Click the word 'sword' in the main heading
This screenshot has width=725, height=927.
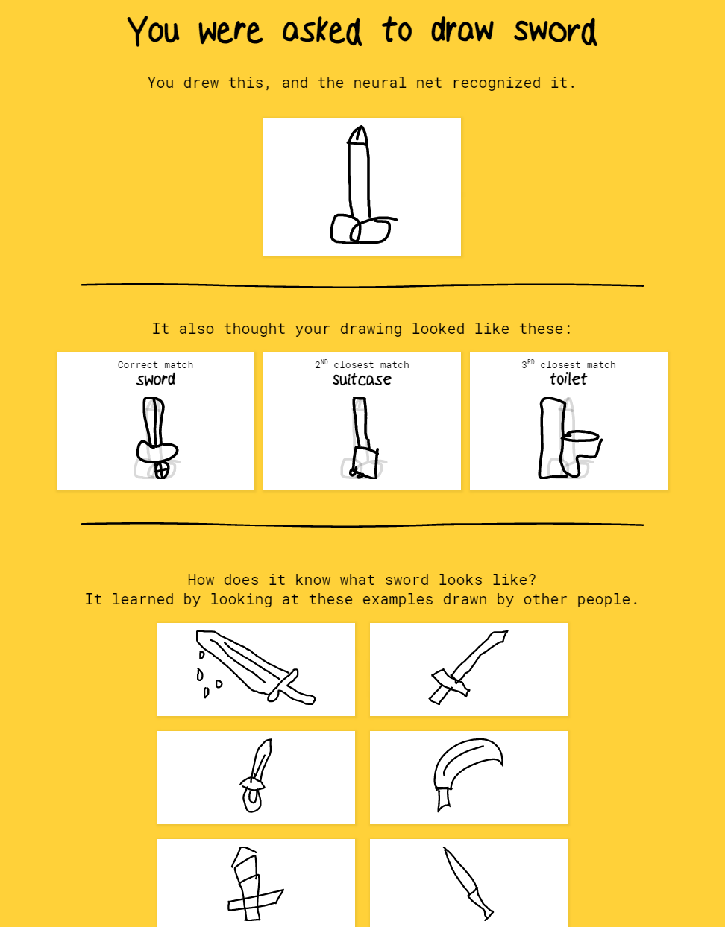(x=555, y=31)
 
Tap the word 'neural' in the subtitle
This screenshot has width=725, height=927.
(x=380, y=83)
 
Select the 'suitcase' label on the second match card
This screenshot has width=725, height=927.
(x=362, y=379)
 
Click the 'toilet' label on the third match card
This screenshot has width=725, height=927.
(x=568, y=379)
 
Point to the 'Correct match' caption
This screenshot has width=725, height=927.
(x=155, y=364)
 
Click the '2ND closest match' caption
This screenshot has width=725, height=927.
(x=362, y=364)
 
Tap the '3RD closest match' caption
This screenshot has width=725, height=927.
(x=568, y=364)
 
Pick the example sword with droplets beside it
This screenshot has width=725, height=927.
(x=255, y=667)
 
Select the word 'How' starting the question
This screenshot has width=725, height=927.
(x=201, y=580)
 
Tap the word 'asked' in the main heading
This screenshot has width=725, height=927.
(x=322, y=31)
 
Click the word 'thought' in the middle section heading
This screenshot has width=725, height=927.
(x=255, y=329)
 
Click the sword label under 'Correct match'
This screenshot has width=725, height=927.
(x=155, y=379)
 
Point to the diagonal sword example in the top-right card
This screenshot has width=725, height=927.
(x=468, y=667)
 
